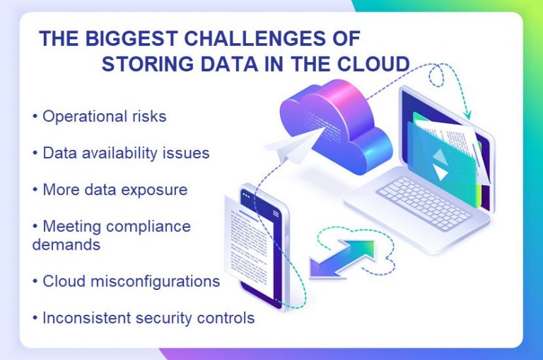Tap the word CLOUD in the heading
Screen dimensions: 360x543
point(375,64)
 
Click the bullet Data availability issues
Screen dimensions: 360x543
point(121,153)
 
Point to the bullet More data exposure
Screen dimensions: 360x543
point(110,190)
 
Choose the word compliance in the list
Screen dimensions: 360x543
point(149,226)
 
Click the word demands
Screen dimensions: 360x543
point(66,245)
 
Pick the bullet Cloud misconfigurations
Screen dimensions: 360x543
point(127,281)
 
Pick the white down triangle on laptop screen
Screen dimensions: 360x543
point(441,173)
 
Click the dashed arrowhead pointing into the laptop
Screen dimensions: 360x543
point(467,112)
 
